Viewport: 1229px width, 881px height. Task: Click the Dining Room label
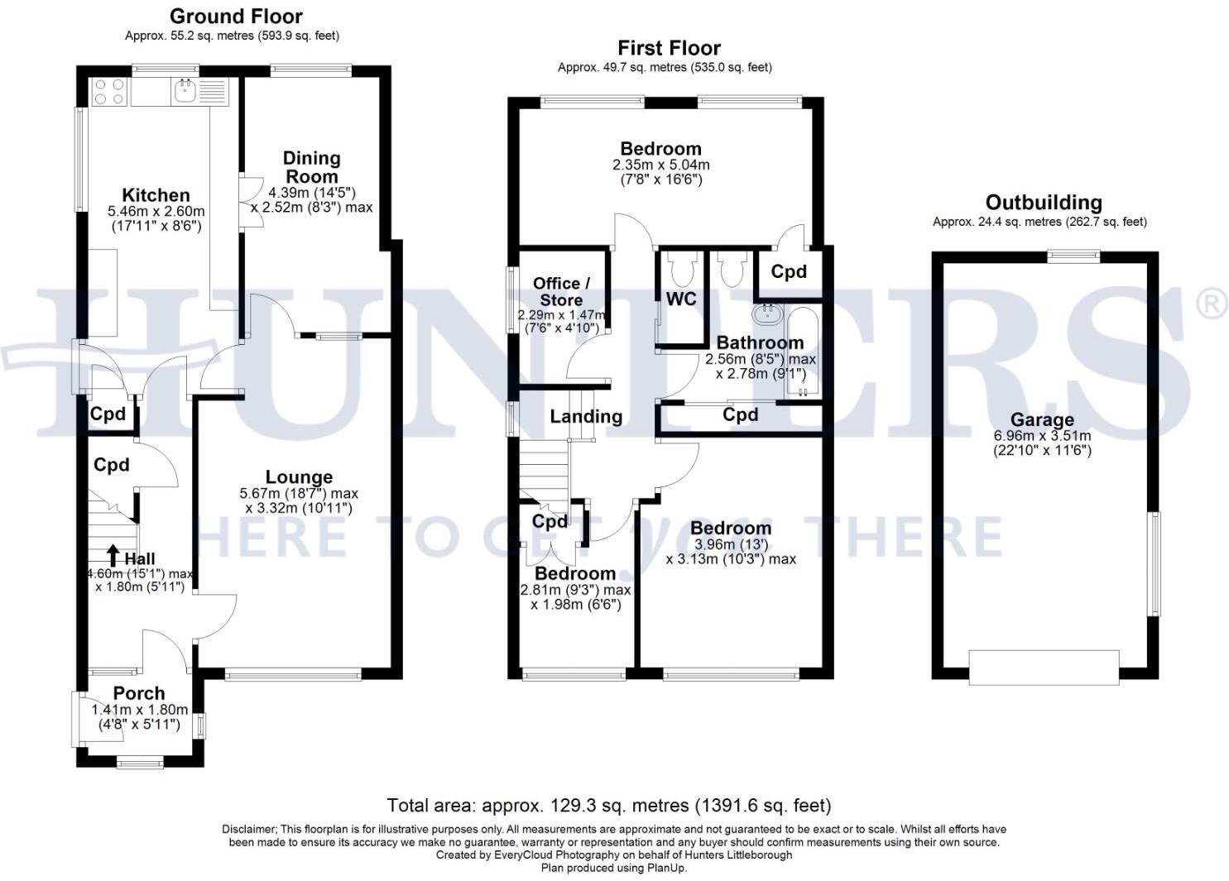tap(311, 167)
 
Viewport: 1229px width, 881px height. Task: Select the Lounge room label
tap(299, 477)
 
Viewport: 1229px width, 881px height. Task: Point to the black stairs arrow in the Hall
tap(113, 554)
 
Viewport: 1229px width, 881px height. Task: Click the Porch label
tap(139, 693)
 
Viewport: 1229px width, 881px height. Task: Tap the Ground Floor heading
tap(236, 16)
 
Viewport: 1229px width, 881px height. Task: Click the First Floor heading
tap(669, 48)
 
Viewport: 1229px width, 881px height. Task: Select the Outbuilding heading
tap(1044, 203)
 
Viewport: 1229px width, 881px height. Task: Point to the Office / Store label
tap(561, 291)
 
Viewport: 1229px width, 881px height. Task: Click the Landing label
tap(586, 416)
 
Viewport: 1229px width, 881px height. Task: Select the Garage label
tap(1042, 419)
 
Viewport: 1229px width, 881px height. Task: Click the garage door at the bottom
tap(1044, 667)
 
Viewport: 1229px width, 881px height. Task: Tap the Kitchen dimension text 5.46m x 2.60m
tap(156, 212)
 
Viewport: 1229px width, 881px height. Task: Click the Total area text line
tap(608, 805)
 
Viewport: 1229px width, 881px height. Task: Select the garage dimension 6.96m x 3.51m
tap(1042, 436)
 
